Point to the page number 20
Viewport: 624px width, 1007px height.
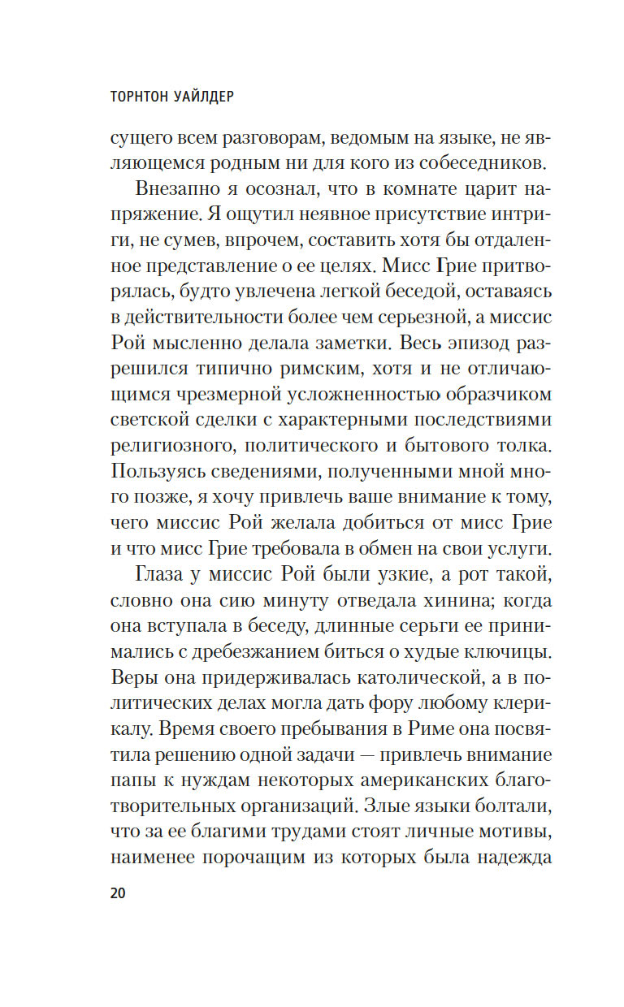[x=117, y=893]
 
